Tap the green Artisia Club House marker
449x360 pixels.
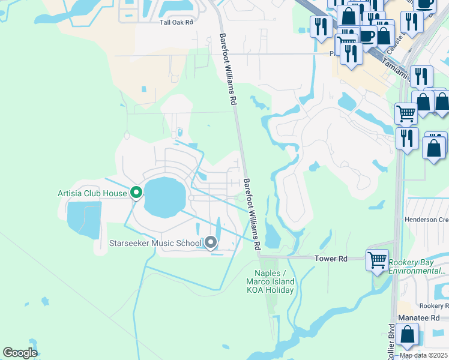[x=136, y=193]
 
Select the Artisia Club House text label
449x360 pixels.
[x=92, y=193]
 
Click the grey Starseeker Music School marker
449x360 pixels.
[x=211, y=242]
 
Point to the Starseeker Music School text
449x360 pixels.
[x=155, y=243]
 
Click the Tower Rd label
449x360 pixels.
[x=331, y=259]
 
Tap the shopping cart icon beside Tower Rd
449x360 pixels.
[x=377, y=260]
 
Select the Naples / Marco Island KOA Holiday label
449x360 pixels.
[x=271, y=281]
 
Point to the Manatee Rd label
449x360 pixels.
[x=418, y=317]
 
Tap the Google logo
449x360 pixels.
[x=20, y=352]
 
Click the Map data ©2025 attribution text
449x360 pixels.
[x=423, y=355]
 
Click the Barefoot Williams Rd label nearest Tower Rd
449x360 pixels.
[x=253, y=214]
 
